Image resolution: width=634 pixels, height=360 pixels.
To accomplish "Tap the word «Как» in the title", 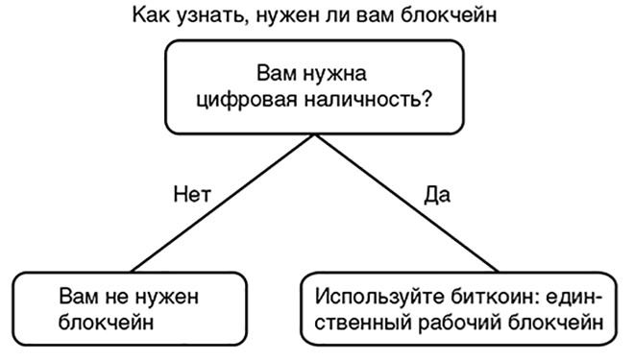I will point(158,16).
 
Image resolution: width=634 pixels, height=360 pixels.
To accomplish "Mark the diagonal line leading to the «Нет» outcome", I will point(221,203).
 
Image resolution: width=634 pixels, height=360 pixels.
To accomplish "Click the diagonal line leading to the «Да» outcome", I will point(403,203).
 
